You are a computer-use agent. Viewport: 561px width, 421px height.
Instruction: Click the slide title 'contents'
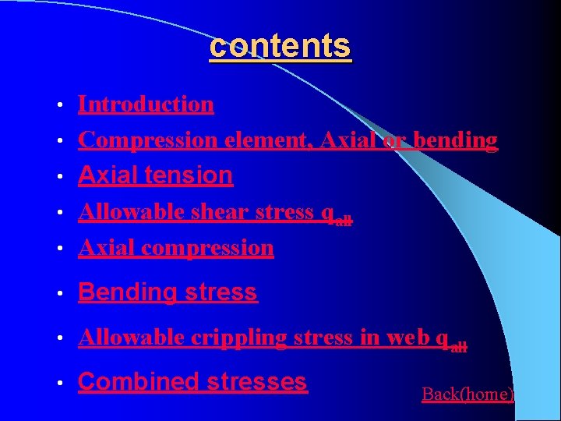click(280, 46)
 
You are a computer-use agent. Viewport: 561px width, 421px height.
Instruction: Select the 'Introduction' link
click(146, 104)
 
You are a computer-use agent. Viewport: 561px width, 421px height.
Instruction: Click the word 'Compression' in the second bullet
click(148, 140)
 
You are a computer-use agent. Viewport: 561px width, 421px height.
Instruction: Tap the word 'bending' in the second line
click(455, 140)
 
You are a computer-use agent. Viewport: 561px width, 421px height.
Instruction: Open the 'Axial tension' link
click(155, 175)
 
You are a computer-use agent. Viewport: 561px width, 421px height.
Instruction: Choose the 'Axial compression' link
click(176, 248)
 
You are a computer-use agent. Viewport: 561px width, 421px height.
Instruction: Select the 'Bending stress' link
click(168, 292)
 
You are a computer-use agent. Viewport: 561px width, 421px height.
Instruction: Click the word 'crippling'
click(238, 338)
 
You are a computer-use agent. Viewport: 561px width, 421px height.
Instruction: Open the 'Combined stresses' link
click(192, 382)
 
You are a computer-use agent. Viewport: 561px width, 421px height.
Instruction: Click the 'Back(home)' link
click(467, 394)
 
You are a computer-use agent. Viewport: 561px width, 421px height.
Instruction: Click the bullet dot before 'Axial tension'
click(60, 177)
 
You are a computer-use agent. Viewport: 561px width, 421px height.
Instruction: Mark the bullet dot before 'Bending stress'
click(60, 294)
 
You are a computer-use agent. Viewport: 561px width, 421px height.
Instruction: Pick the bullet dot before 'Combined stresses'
click(60, 384)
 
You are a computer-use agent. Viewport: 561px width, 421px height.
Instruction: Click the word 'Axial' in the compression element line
click(346, 140)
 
